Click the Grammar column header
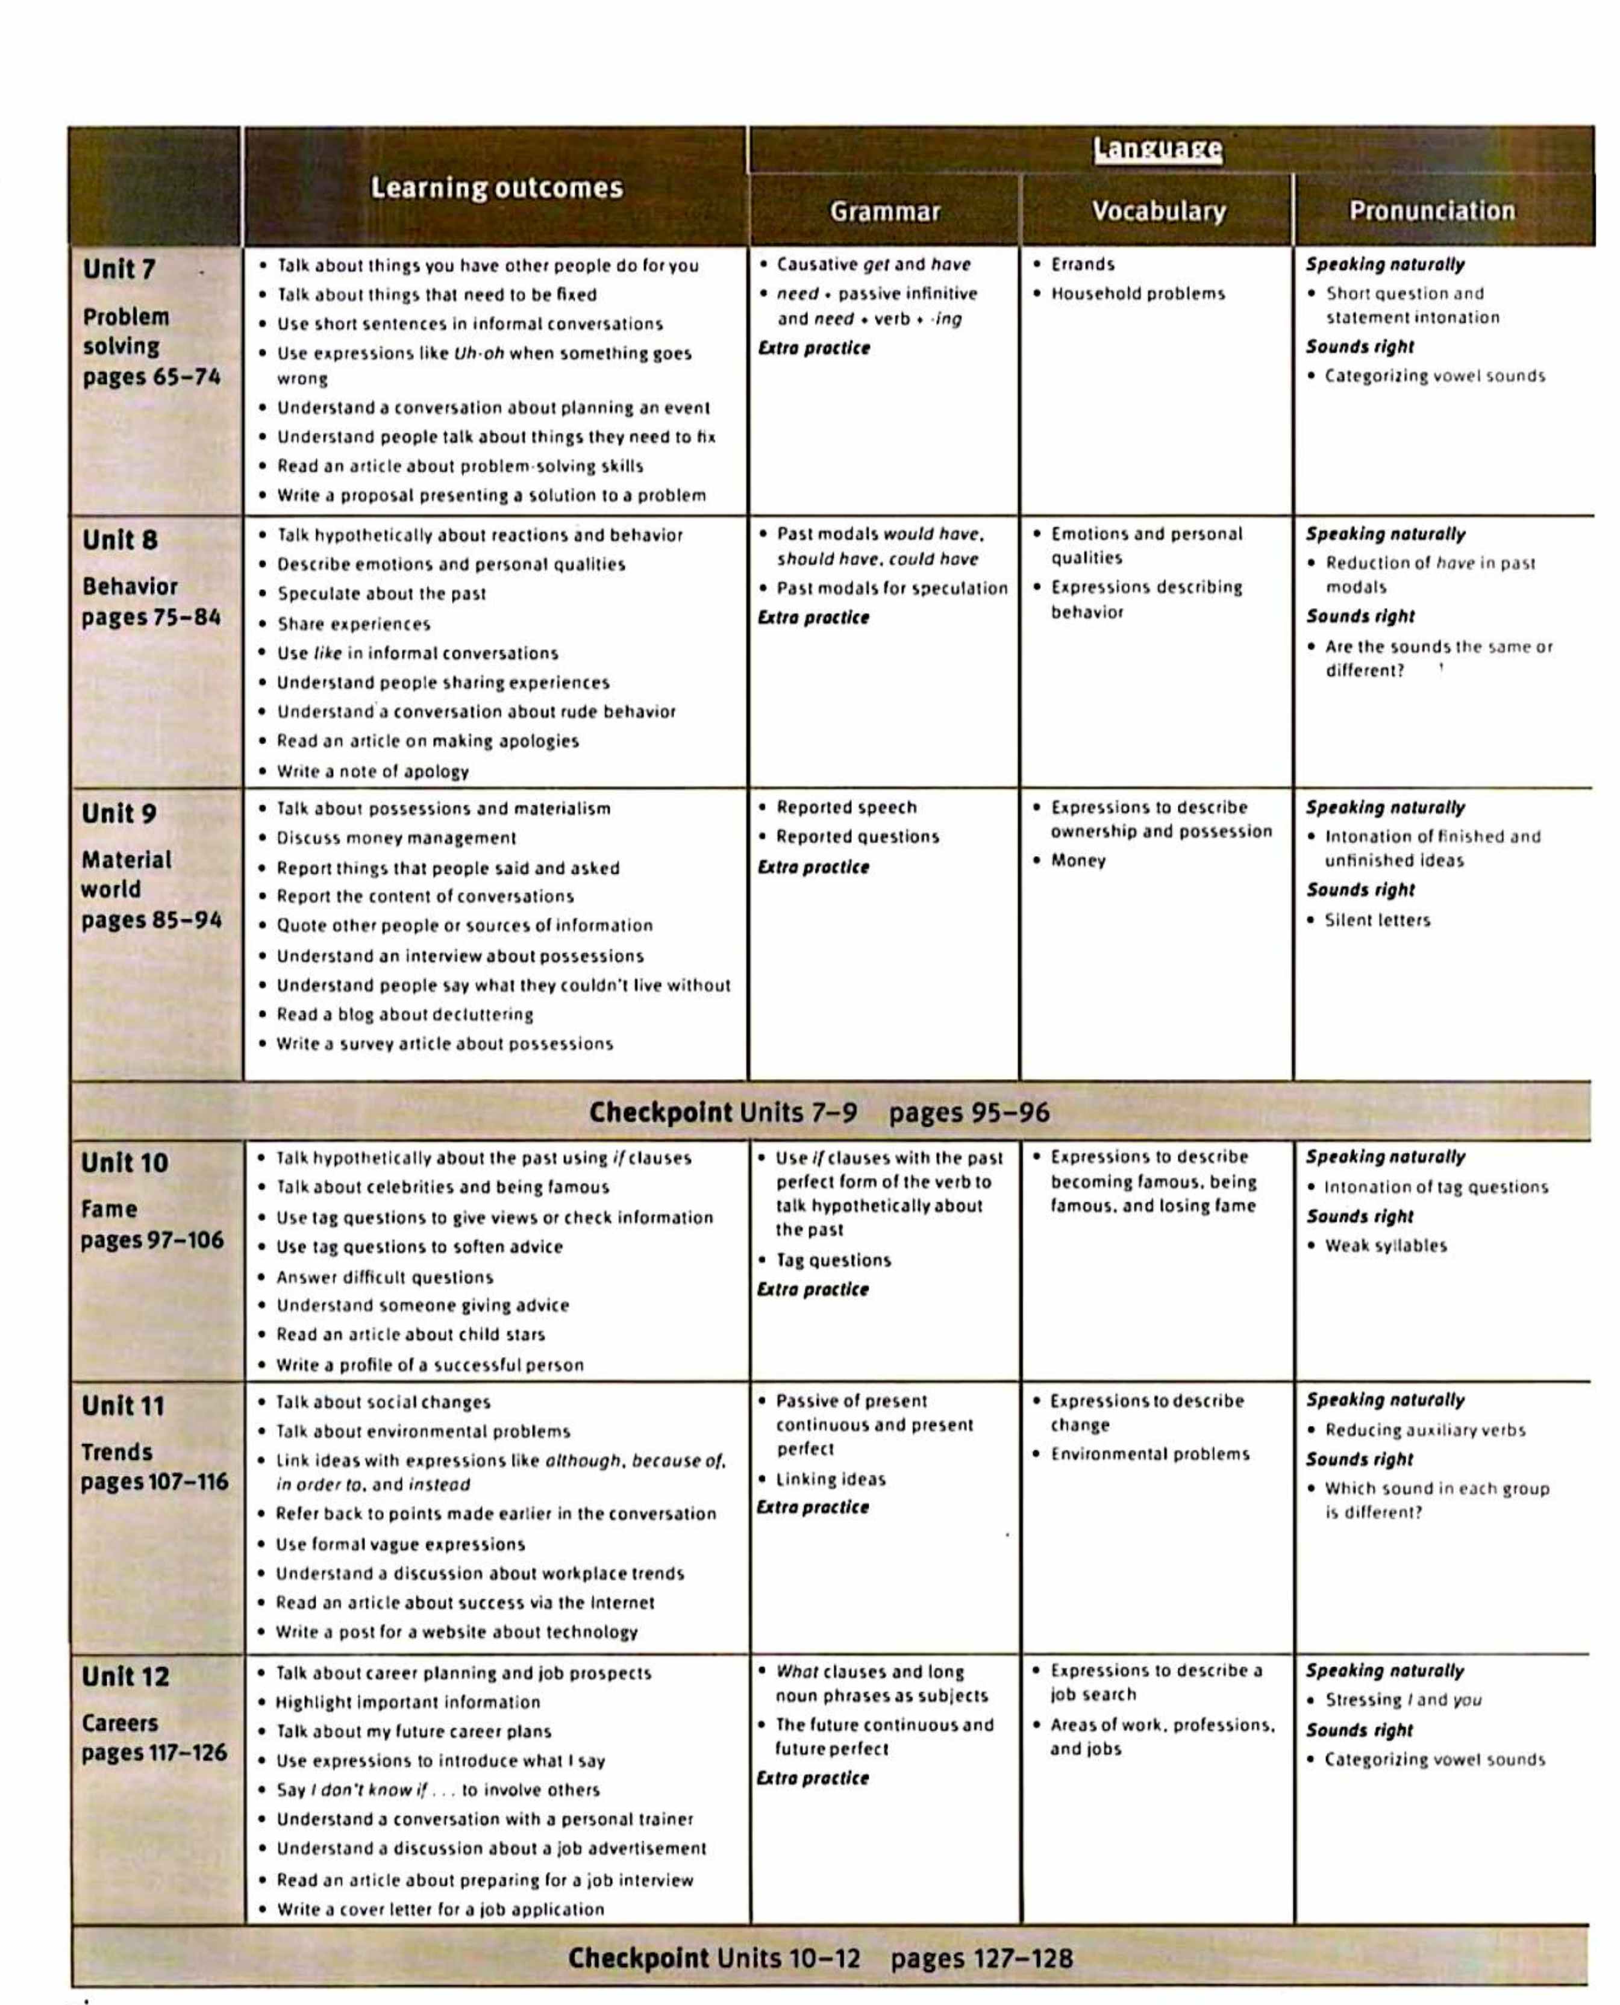[884, 212]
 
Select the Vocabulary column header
[1158, 212]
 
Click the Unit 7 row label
[119, 270]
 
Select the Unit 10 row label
[124, 1163]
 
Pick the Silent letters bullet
[1377, 920]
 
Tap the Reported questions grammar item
[857, 837]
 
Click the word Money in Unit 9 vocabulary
[1078, 860]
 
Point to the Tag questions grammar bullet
[833, 1260]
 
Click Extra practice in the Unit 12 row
[813, 1778]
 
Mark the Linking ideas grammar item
[830, 1479]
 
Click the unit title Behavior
[129, 587]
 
